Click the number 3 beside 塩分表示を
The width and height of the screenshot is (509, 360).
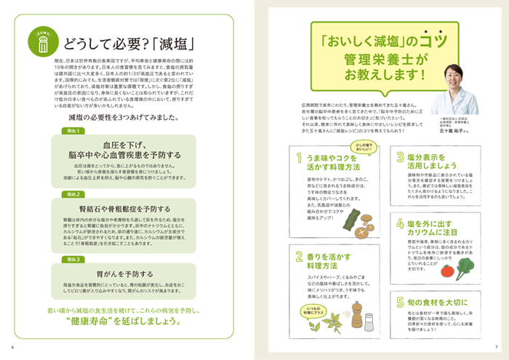[399, 156]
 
